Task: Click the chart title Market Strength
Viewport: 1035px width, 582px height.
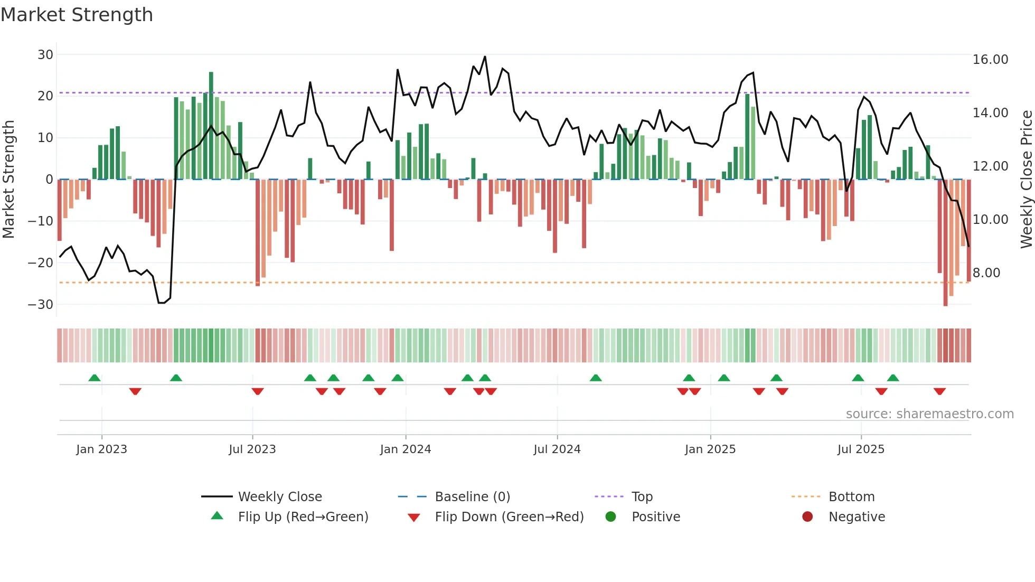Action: (x=77, y=15)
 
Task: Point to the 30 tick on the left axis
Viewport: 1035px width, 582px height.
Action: (x=45, y=54)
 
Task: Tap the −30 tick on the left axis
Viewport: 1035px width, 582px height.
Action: (x=41, y=304)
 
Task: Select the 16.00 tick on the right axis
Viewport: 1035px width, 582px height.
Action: (x=990, y=59)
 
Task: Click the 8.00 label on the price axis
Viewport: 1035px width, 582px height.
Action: (x=986, y=273)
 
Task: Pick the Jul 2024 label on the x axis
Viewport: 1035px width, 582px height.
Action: (x=557, y=449)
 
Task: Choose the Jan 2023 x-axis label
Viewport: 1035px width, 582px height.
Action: (x=101, y=449)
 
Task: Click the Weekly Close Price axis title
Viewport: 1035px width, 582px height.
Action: (x=1026, y=180)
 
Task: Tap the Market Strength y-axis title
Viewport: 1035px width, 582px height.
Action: (x=8, y=180)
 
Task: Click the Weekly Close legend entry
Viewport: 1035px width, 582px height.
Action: (x=279, y=496)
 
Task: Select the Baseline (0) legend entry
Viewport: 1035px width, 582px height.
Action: (x=472, y=496)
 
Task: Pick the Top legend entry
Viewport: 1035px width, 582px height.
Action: (x=642, y=496)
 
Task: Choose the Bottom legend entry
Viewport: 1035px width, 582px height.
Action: (x=851, y=496)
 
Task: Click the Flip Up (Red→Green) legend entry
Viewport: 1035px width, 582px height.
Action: (x=303, y=517)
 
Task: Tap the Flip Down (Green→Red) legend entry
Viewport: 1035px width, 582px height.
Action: (x=509, y=517)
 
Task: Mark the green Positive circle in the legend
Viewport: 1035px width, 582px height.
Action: (x=610, y=517)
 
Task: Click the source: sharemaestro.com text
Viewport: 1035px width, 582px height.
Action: (x=929, y=414)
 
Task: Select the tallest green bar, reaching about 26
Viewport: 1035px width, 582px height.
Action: (x=211, y=126)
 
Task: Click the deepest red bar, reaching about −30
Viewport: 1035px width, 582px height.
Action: (x=945, y=243)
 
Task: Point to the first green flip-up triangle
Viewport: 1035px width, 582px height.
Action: (x=95, y=378)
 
